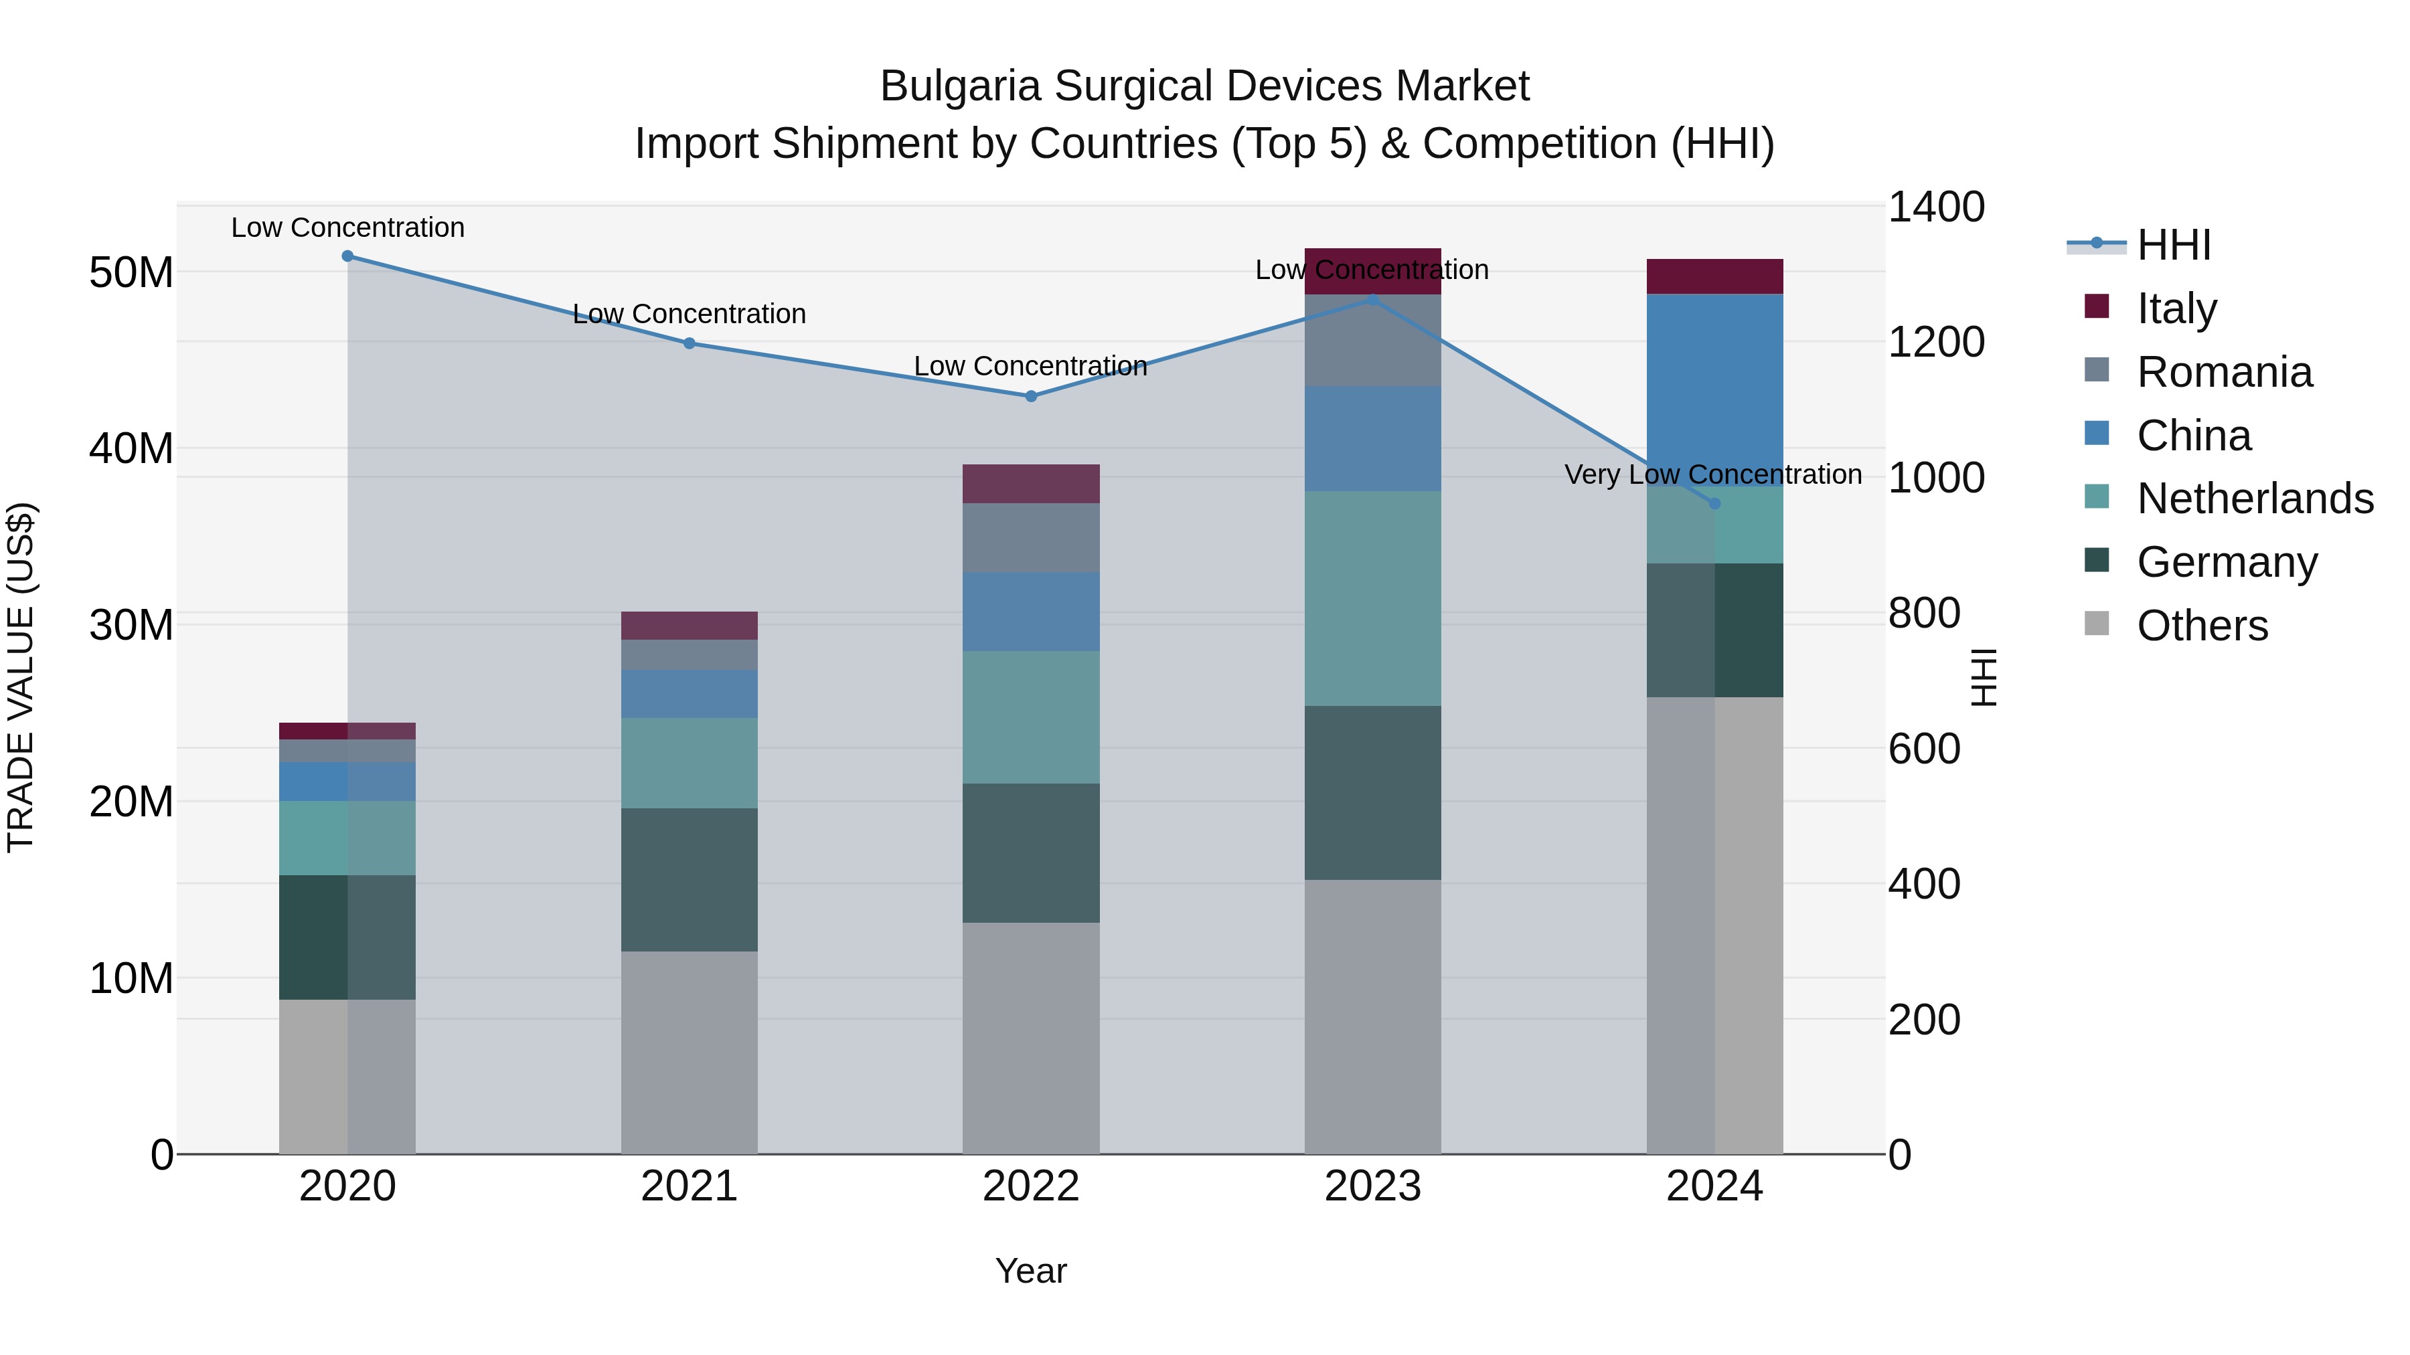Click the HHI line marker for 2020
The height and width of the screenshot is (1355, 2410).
347,256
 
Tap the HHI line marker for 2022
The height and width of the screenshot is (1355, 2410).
1031,397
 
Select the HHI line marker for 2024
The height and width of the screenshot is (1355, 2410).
1714,504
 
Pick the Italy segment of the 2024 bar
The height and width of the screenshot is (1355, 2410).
1714,277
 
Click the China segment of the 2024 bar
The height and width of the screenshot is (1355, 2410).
1714,389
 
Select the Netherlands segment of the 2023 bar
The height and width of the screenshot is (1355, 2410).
1372,598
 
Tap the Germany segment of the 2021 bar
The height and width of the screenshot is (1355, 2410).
690,880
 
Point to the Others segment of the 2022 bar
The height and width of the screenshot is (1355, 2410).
1031,1038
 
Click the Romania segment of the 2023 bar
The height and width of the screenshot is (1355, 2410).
1372,341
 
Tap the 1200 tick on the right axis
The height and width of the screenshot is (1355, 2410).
1935,342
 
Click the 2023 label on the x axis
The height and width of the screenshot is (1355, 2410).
1372,1186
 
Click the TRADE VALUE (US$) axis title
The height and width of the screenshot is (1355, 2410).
21,678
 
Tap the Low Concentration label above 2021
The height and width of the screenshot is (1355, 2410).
690,314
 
